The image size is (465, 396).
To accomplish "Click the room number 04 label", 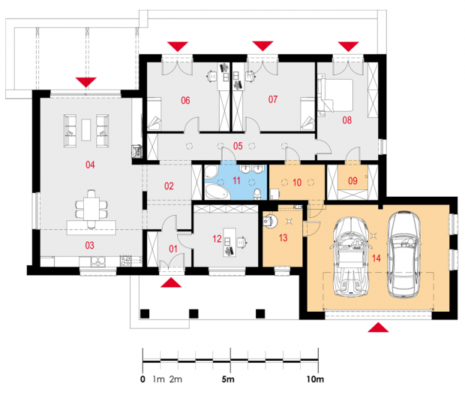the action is point(90,165).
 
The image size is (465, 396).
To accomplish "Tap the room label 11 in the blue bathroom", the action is point(236,180).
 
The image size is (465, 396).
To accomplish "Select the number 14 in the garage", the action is point(376,258).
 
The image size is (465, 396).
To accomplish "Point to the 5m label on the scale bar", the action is point(228,379).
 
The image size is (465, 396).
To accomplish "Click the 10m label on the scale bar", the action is point(315,379).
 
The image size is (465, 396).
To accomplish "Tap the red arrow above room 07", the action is point(262,46).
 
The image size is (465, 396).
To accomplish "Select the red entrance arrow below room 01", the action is point(171,283).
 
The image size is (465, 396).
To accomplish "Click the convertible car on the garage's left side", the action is point(352,257).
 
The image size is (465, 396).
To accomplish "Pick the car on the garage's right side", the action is point(403,255).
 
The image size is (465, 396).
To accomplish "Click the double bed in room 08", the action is point(335,95).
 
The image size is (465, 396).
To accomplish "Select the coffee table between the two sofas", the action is point(86,130).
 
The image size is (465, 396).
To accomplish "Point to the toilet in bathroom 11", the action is point(257,193).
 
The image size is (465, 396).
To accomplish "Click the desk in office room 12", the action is point(229,242).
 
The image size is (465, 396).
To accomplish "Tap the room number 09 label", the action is point(352,180).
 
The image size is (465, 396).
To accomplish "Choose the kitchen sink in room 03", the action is point(97,261).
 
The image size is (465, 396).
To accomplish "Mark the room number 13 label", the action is point(283,237).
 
